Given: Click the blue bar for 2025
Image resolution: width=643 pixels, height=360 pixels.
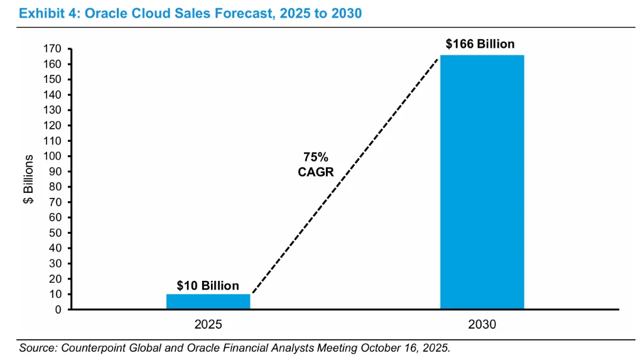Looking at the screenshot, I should click(208, 302).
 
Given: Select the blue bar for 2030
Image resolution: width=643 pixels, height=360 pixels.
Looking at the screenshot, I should click(482, 182).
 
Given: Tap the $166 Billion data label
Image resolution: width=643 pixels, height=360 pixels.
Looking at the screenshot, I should click(480, 44).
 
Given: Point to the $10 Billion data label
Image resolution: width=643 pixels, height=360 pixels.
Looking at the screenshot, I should click(208, 286).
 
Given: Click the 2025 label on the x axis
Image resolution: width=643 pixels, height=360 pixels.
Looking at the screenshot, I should click(208, 325).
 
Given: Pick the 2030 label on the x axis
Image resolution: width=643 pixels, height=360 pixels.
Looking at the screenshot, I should click(482, 325).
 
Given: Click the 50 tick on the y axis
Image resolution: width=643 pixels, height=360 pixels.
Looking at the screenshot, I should click(55, 233).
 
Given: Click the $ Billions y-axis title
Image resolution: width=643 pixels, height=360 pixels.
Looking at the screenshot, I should click(29, 179).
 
